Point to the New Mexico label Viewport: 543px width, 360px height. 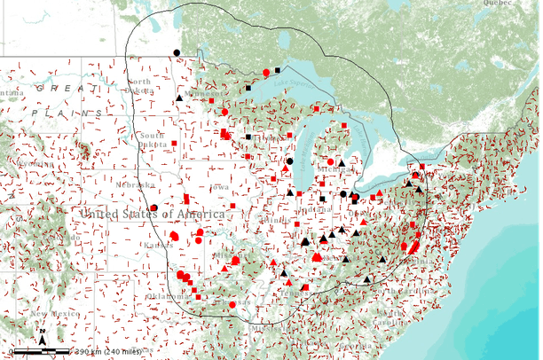pyautogui.click(x=49, y=313)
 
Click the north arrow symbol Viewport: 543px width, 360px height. pyautogui.click(x=43, y=339)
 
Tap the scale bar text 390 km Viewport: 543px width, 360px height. pyautogui.click(x=93, y=352)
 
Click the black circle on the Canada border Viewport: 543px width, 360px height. pyautogui.click(x=177, y=53)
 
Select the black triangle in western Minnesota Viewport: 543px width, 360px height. pyautogui.click(x=180, y=98)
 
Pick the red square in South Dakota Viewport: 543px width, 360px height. pyautogui.click(x=175, y=143)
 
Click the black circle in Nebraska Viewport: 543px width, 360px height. pyautogui.click(x=153, y=208)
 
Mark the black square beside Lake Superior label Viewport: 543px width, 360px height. pyautogui.click(x=278, y=69)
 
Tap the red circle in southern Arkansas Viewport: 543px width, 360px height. pyautogui.click(x=232, y=304)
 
